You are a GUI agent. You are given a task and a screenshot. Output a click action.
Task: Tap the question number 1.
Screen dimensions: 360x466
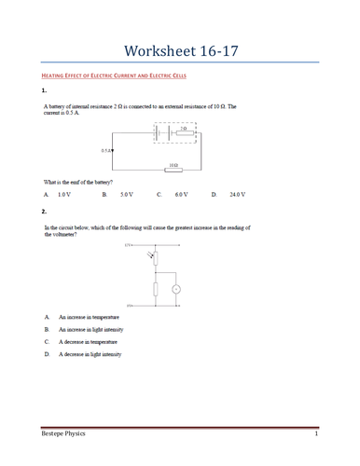44,91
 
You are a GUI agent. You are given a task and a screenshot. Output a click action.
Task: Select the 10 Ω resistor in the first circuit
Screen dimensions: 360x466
173,170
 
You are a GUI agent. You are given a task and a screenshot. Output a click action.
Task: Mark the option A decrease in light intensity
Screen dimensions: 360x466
90,354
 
